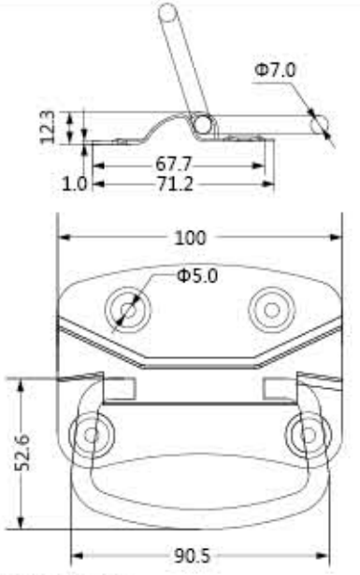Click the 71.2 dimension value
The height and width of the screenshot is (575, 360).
click(x=173, y=184)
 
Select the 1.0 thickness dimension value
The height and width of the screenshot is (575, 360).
click(x=75, y=184)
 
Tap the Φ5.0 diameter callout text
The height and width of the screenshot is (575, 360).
click(x=197, y=277)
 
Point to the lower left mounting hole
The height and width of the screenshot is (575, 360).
click(x=91, y=433)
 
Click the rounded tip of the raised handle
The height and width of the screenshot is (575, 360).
click(x=168, y=12)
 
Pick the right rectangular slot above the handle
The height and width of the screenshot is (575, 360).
click(x=279, y=385)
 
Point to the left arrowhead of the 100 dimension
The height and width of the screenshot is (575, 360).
click(x=63, y=238)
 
